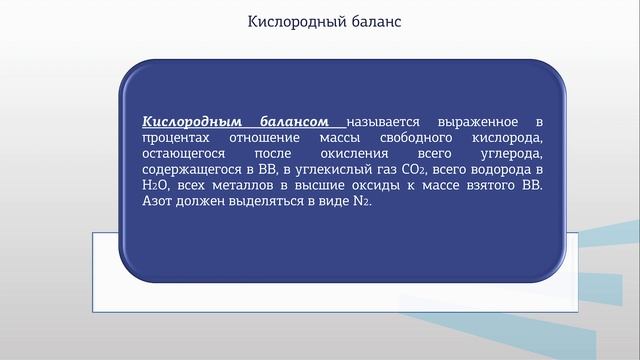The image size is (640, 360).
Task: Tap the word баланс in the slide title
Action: point(371,22)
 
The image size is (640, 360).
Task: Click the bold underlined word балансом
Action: point(298,119)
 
